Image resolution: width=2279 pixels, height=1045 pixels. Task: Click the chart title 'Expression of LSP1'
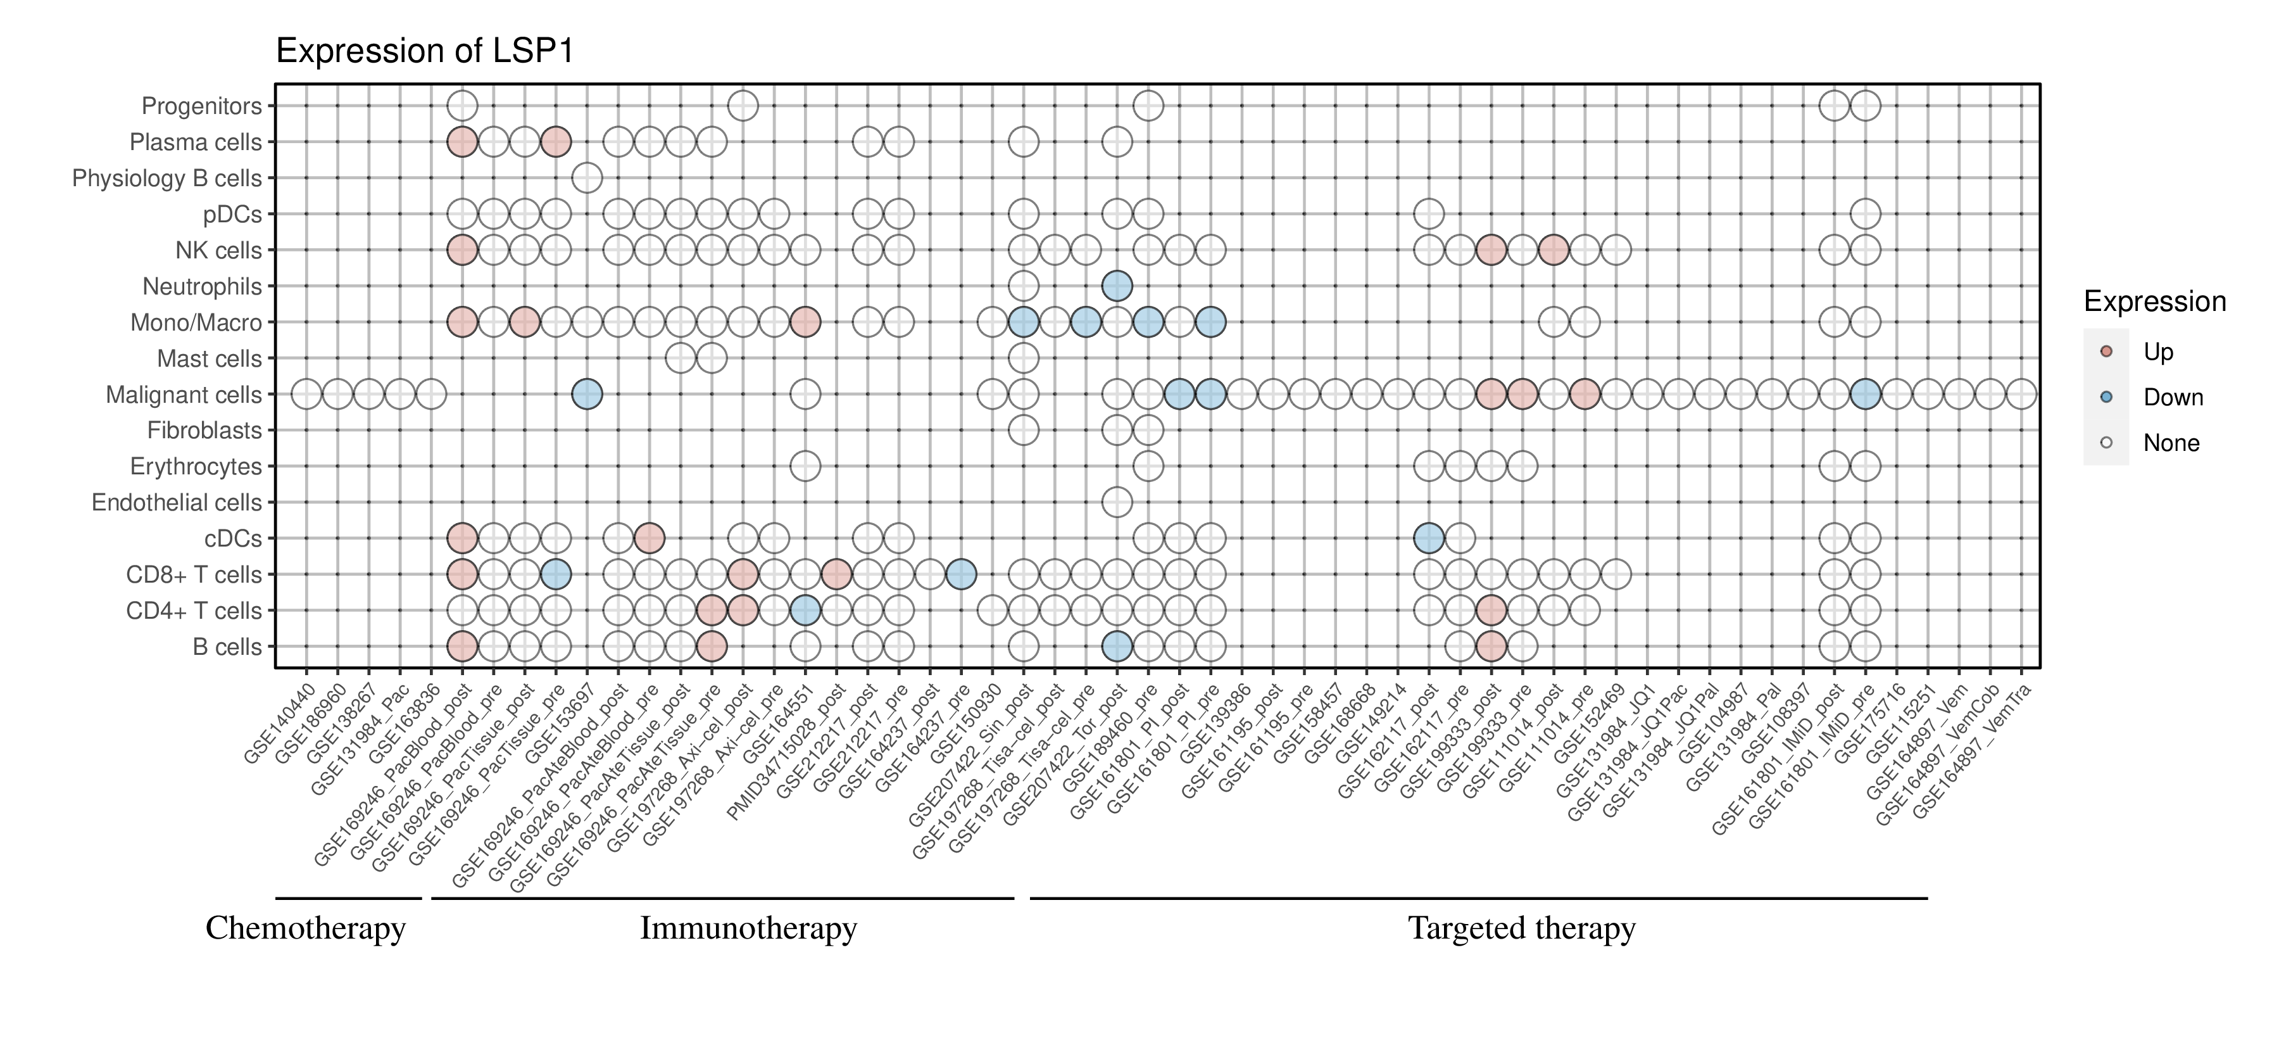coord(425,51)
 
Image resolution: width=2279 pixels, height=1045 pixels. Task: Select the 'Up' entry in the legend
coord(2158,352)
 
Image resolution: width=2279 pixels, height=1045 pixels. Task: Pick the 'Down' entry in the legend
coord(2172,397)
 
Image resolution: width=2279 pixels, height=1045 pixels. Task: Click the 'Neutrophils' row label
coord(202,287)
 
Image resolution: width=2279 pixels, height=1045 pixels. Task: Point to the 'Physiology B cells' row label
coord(167,179)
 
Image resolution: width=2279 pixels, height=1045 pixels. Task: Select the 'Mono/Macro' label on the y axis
coord(196,323)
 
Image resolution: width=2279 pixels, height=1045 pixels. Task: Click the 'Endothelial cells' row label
coord(177,503)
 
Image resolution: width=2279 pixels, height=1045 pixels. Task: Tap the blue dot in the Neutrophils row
coord(1117,286)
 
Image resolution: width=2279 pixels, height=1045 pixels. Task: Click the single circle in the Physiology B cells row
coord(587,178)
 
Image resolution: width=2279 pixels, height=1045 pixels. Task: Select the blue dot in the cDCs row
coord(1429,538)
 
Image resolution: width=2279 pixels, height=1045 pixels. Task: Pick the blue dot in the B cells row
coord(1117,647)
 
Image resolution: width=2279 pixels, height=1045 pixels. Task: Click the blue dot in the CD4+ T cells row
coord(804,611)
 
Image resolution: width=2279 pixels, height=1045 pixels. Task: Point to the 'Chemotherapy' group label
coord(305,928)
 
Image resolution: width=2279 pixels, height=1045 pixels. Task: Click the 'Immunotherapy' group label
coord(748,928)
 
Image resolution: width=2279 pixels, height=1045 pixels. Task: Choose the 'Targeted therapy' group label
coord(1522,928)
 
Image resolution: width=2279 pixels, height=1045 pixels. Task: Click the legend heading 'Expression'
coord(2154,301)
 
